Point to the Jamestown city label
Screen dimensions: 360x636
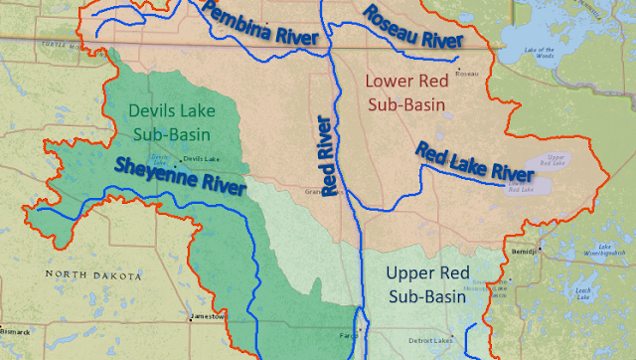coord(211,315)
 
